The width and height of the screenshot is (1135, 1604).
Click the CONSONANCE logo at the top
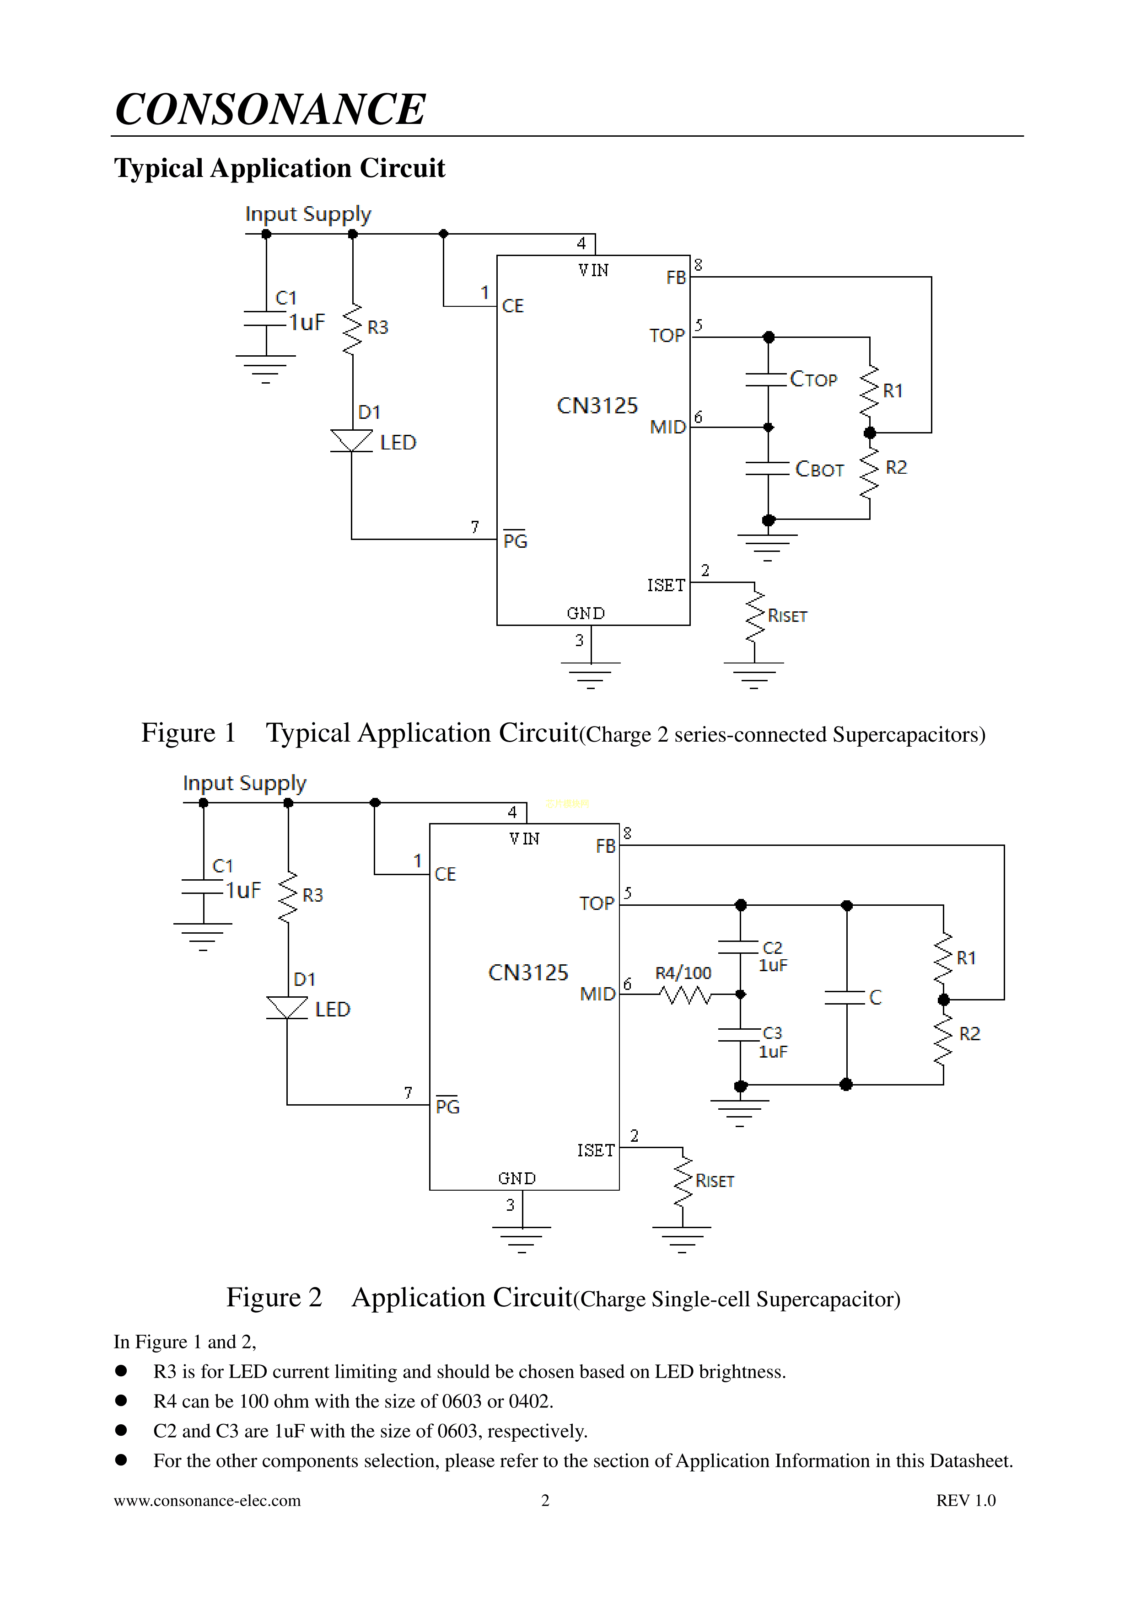(x=270, y=110)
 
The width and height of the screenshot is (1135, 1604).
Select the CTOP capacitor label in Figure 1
(x=813, y=380)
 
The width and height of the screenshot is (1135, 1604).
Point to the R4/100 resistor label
(x=683, y=973)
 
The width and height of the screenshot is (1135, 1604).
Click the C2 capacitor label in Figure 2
(x=772, y=947)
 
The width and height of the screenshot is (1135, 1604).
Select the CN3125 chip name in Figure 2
(x=528, y=973)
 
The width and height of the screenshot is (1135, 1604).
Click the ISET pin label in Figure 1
(x=665, y=585)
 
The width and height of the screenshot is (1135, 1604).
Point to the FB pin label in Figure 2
(x=605, y=846)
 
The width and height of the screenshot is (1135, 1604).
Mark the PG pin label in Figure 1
(x=515, y=541)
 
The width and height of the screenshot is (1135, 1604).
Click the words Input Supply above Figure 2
(x=245, y=783)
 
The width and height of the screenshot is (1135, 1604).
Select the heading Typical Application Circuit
(x=280, y=168)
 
